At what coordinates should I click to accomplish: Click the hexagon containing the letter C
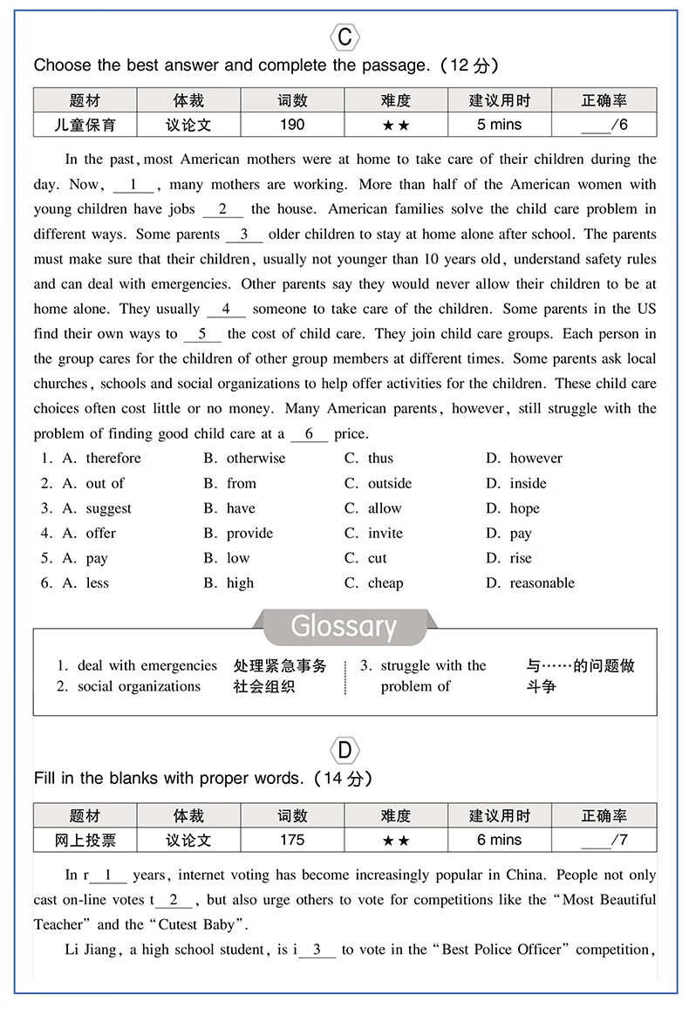[x=344, y=37]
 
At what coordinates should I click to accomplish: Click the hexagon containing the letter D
[x=344, y=751]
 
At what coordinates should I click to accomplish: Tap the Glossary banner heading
[x=344, y=626]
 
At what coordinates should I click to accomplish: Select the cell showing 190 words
[x=292, y=125]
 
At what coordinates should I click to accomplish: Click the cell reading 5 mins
[x=499, y=125]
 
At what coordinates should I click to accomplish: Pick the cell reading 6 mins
[x=499, y=840]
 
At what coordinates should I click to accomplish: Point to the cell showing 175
[x=292, y=840]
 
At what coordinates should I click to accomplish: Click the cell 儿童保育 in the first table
[x=85, y=125]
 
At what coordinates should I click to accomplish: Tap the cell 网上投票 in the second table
[x=85, y=840]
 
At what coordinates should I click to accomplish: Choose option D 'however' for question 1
[x=536, y=458]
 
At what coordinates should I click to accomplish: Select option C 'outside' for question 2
[x=389, y=483]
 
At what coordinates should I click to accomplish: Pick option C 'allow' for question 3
[x=384, y=508]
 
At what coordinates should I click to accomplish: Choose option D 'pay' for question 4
[x=521, y=533]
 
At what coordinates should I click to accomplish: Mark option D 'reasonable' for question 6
[x=542, y=583]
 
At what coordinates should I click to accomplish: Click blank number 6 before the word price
[x=309, y=433]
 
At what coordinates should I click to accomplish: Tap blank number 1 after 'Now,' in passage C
[x=133, y=184]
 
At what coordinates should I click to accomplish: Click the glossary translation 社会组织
[x=264, y=686]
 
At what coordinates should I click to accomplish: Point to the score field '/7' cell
[x=604, y=840]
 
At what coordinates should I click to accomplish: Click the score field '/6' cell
[x=604, y=125]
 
